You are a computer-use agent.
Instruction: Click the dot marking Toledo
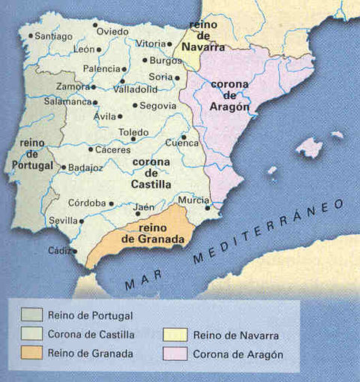(133, 139)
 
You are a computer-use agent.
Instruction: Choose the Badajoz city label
(85, 168)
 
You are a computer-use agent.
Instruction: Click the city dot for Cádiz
(73, 251)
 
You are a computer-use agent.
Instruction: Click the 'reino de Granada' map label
(156, 233)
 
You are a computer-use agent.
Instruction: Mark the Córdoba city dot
(111, 203)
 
